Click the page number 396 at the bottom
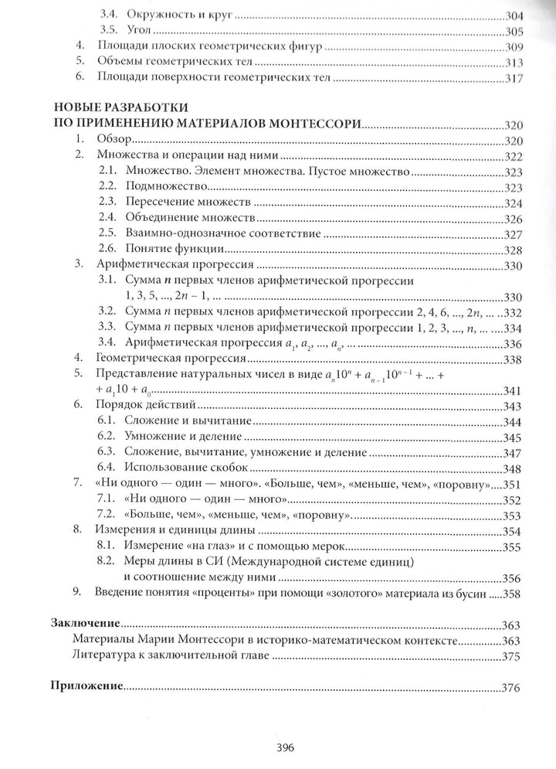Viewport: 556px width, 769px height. (277, 747)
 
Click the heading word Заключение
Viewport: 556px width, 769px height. (84, 622)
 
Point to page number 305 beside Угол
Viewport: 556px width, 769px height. (513, 32)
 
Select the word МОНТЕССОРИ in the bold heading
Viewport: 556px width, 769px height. (310, 123)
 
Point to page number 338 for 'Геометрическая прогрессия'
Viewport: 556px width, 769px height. (513, 359)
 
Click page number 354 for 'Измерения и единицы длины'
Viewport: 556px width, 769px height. (513, 531)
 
